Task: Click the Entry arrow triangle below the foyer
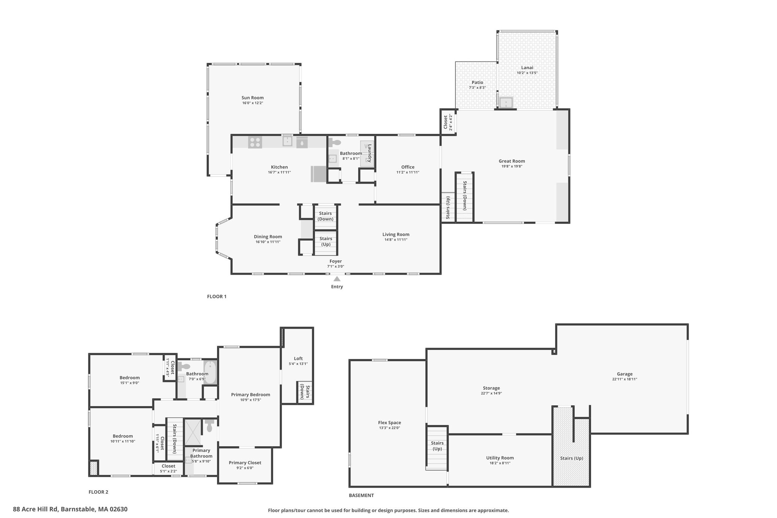pos(337,279)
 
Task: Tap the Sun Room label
pos(253,98)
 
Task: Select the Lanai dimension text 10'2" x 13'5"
pos(527,73)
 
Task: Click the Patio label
pos(477,82)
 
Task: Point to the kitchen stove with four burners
pos(255,142)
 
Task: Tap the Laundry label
pos(370,153)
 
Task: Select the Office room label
pos(408,167)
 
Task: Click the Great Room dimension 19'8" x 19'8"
pos(512,166)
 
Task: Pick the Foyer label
pos(336,261)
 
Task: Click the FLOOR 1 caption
pos(217,296)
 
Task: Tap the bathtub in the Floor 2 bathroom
pos(210,373)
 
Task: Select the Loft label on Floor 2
pos(298,358)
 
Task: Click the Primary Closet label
pos(245,463)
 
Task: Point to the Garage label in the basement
pos(624,374)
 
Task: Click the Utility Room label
pos(500,458)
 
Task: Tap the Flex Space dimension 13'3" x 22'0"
pos(390,428)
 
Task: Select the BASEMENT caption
pos(361,495)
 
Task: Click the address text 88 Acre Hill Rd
pos(35,509)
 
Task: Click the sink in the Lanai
pos(506,102)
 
